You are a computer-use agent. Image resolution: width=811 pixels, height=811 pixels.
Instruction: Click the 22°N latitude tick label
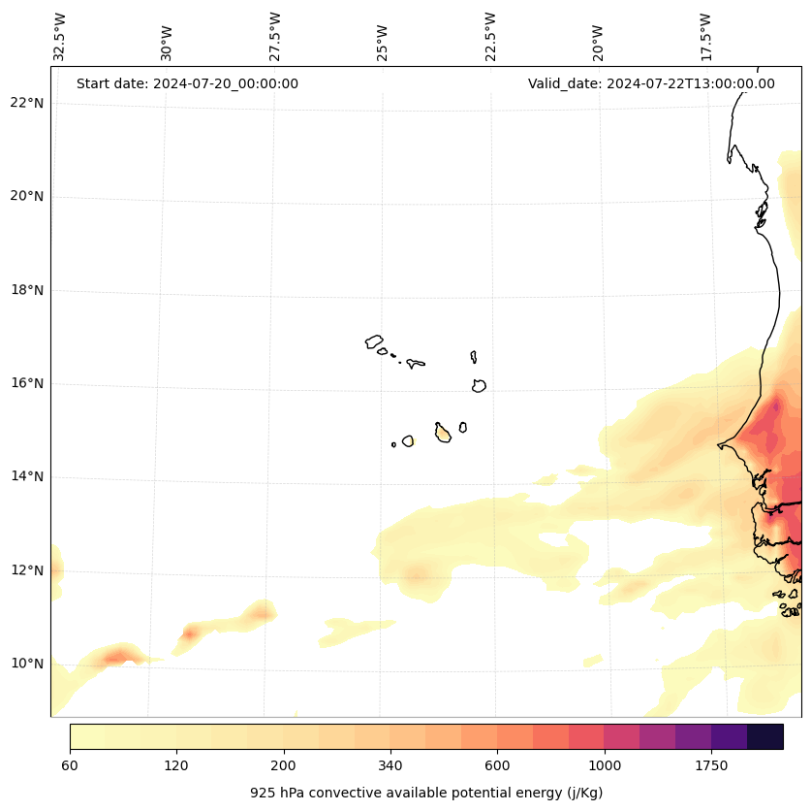(27, 103)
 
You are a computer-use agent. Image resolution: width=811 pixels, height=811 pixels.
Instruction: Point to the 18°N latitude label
(27, 290)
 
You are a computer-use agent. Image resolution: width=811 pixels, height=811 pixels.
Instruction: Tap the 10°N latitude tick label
(27, 664)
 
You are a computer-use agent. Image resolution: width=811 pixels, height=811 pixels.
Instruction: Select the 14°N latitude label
(27, 476)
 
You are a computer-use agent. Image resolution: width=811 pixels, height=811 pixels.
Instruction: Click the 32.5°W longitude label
(60, 37)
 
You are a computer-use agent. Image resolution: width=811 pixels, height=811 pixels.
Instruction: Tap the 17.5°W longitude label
(705, 37)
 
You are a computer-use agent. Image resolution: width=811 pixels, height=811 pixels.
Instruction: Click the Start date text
(187, 83)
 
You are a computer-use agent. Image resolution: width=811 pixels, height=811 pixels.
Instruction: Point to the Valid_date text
(651, 83)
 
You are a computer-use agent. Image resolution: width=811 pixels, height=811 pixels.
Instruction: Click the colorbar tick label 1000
(604, 765)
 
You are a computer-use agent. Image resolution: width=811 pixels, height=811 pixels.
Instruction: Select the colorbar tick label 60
(70, 765)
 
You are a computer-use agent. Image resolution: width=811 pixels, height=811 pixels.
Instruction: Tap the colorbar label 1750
(711, 765)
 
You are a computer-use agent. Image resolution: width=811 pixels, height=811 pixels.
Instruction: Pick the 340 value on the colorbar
(390, 765)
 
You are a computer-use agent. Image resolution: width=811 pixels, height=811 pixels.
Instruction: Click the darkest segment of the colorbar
(765, 736)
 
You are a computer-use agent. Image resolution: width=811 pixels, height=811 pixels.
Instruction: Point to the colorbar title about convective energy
(426, 793)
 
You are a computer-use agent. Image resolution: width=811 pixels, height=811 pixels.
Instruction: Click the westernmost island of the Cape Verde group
(374, 341)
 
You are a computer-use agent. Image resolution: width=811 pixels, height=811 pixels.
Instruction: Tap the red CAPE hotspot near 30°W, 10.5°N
(189, 633)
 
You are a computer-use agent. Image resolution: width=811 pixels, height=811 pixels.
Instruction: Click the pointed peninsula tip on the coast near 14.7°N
(719, 446)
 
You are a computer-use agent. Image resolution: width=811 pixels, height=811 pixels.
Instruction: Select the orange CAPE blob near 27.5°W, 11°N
(261, 611)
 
